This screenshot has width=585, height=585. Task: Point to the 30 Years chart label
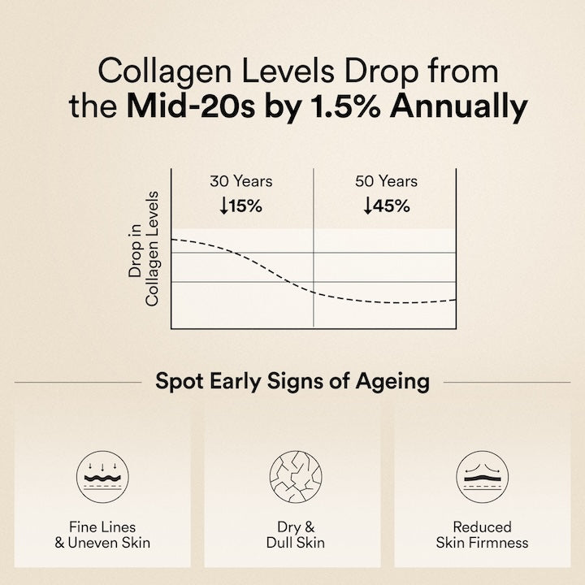coord(240,181)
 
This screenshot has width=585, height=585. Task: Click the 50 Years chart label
coord(386,181)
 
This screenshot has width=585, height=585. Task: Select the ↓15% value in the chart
coord(240,206)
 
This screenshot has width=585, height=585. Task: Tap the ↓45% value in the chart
coord(386,206)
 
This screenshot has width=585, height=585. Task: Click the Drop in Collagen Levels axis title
coord(144,249)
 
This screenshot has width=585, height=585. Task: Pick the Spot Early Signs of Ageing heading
coord(292,380)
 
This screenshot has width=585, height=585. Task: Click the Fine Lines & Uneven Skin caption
coord(102,535)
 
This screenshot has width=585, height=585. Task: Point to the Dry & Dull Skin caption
coord(293,535)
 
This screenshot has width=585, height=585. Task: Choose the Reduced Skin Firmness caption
coord(483,535)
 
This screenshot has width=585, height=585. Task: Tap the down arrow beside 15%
coord(223,206)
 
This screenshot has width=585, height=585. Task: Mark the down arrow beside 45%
coord(367,206)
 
